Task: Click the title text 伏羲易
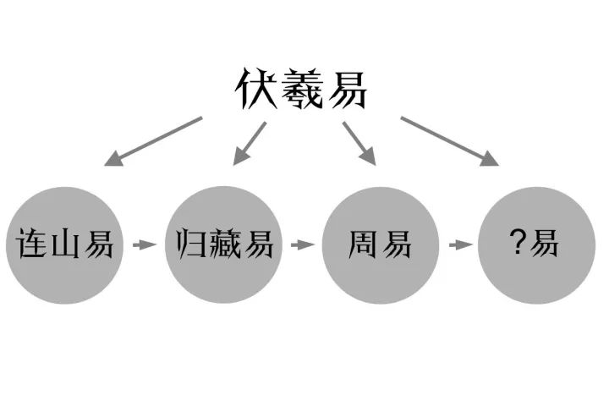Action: (x=300, y=88)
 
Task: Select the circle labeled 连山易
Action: (x=69, y=245)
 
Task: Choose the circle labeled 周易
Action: (x=379, y=245)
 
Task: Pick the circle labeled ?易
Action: (x=535, y=245)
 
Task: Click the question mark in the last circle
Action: (x=518, y=244)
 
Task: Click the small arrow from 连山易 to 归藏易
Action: (x=146, y=245)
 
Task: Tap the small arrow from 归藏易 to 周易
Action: (x=301, y=245)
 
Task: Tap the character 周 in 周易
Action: (x=365, y=245)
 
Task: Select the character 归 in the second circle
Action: (x=190, y=245)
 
